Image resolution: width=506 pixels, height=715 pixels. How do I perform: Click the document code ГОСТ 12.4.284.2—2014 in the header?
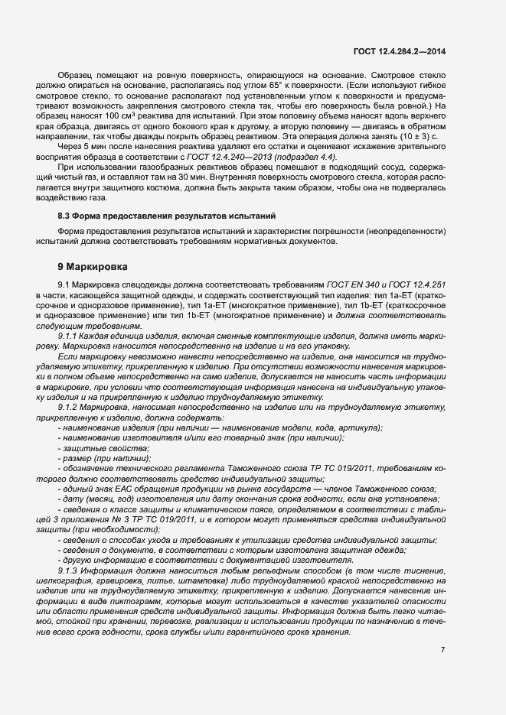[399, 51]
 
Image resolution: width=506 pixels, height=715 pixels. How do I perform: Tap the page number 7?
[443, 649]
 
